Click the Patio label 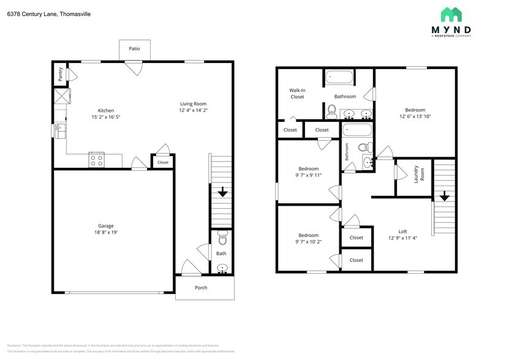pyautogui.click(x=134, y=48)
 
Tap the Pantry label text pyautogui.click(x=60, y=74)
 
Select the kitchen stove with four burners pyautogui.click(x=97, y=160)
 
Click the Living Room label pyautogui.click(x=193, y=103)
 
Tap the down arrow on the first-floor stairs pyautogui.click(x=222, y=192)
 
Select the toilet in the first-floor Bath pyautogui.click(x=222, y=237)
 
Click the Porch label pyautogui.click(x=201, y=287)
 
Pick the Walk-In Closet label pyautogui.click(x=297, y=94)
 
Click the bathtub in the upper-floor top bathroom pyautogui.click(x=339, y=78)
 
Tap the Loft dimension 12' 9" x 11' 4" pyautogui.click(x=402, y=238)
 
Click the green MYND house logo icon pyautogui.click(x=451, y=15)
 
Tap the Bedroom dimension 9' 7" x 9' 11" pyautogui.click(x=308, y=175)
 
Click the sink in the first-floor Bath pyautogui.click(x=222, y=268)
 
